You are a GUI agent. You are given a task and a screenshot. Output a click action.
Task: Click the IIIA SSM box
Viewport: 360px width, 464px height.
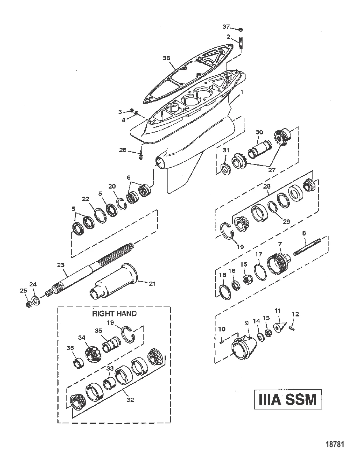pyautogui.click(x=288, y=399)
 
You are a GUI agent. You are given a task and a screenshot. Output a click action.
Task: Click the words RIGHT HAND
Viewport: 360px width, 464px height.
pyautogui.click(x=114, y=313)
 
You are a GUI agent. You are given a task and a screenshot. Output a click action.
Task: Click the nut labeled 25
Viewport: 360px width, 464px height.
pyautogui.click(x=29, y=304)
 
